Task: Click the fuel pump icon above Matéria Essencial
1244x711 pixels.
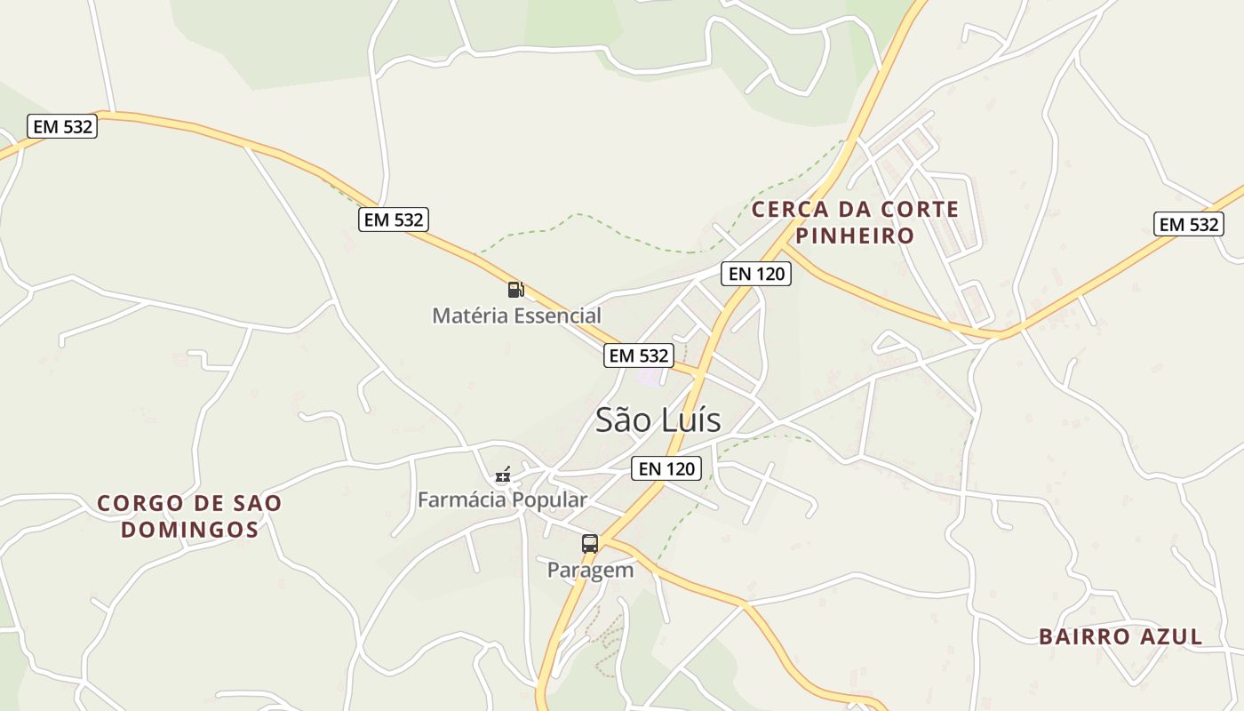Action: click(x=515, y=289)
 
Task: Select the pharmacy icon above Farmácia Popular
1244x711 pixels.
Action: click(x=504, y=475)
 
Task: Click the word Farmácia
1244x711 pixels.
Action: click(x=460, y=499)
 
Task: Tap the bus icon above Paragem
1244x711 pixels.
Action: click(x=589, y=544)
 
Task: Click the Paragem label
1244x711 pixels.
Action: click(x=590, y=570)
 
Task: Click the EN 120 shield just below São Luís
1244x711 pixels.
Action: click(x=666, y=468)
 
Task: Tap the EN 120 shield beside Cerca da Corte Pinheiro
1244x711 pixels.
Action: click(x=756, y=274)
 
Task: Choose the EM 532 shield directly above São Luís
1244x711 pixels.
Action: click(x=639, y=355)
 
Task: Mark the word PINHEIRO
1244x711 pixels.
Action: click(x=855, y=236)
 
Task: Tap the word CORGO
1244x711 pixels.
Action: click(x=138, y=503)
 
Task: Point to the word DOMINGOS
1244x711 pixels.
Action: click(x=189, y=530)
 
